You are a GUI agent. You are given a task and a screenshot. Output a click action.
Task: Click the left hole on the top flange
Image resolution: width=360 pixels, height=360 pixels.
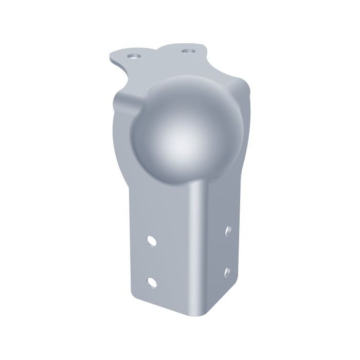135,55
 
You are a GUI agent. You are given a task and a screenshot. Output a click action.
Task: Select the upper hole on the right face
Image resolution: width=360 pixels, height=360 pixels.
227,230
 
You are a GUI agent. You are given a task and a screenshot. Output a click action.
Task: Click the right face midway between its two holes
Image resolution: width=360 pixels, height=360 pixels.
227,250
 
